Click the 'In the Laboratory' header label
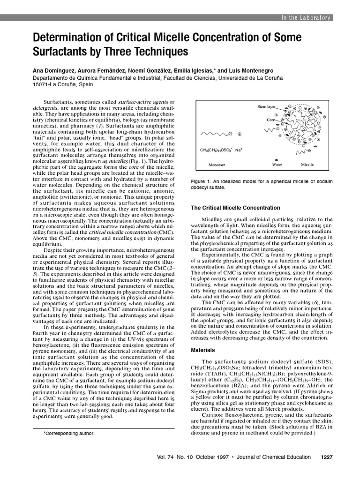306,18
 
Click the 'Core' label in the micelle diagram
270,120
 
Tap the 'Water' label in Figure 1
277,165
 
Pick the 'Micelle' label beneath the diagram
307,165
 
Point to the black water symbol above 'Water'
277,159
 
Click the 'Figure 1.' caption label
202,181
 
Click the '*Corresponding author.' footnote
69,434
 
